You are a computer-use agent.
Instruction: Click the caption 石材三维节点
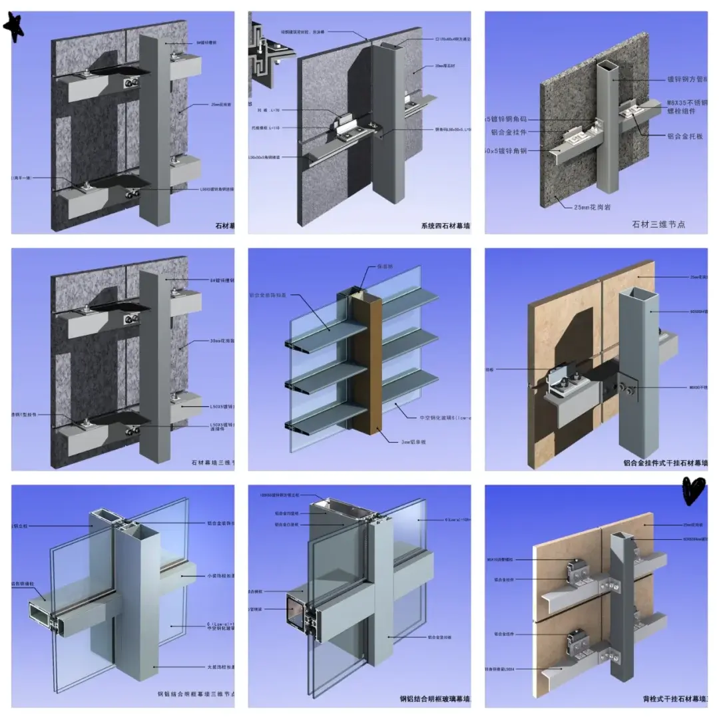[658, 224]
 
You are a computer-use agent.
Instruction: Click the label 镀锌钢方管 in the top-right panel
[686, 79]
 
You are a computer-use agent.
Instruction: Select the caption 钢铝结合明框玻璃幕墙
[434, 699]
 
